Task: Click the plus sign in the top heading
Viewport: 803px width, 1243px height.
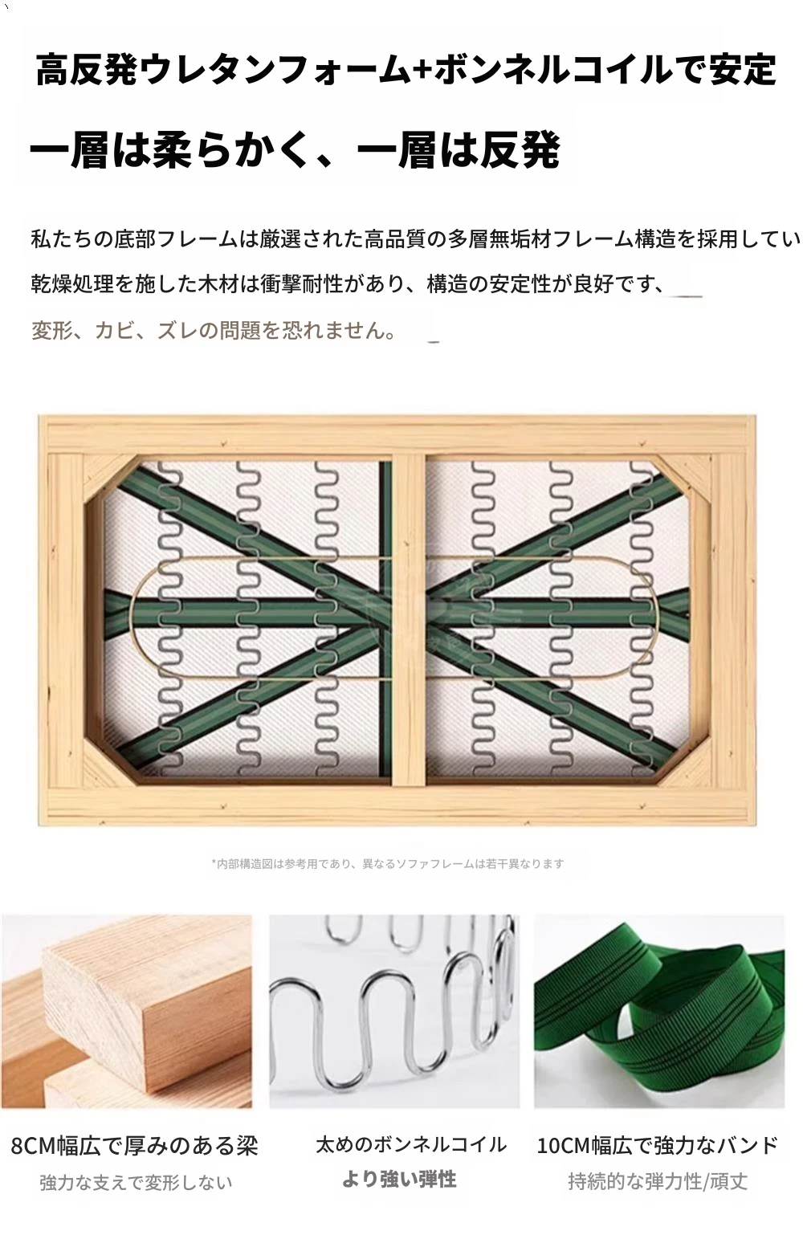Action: (422, 70)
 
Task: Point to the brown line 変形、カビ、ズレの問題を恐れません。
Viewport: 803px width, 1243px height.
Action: (214, 330)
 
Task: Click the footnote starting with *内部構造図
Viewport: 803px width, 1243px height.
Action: (387, 863)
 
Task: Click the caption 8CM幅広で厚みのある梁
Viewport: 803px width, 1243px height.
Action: (134, 1145)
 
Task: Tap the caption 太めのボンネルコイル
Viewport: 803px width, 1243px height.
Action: (411, 1144)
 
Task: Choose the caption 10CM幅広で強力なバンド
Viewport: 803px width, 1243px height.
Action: (658, 1145)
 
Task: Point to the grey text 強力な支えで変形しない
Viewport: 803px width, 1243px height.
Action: (136, 1183)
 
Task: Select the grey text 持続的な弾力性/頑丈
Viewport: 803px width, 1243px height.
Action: (658, 1181)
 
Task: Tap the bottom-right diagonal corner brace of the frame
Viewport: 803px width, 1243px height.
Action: (683, 759)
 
